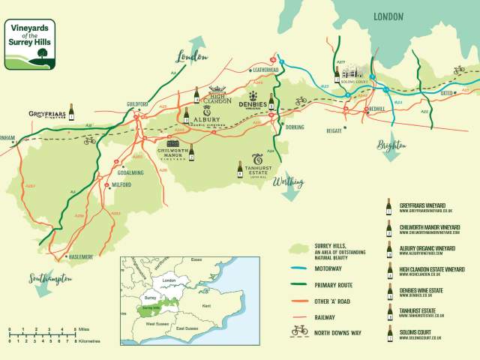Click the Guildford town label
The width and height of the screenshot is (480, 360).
click(x=137, y=103)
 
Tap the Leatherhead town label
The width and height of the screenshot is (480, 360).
click(x=265, y=70)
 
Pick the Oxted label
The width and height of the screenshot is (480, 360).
click(x=447, y=94)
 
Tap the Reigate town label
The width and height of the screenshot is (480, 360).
click(x=334, y=130)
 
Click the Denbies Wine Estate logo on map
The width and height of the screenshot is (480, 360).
click(x=253, y=104)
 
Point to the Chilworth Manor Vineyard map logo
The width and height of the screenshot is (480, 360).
click(x=172, y=150)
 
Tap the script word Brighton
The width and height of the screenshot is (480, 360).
click(x=392, y=144)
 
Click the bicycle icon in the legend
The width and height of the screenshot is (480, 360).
click(x=299, y=328)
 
